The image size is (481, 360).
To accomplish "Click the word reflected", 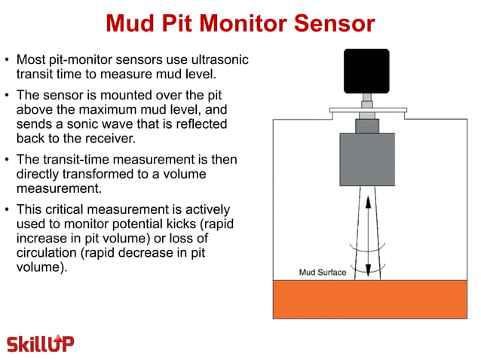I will point(198,124).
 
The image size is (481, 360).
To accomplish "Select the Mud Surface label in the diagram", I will point(322,272).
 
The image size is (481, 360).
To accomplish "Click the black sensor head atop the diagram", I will point(366,71).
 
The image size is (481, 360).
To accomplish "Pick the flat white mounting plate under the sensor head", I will point(367,110).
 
